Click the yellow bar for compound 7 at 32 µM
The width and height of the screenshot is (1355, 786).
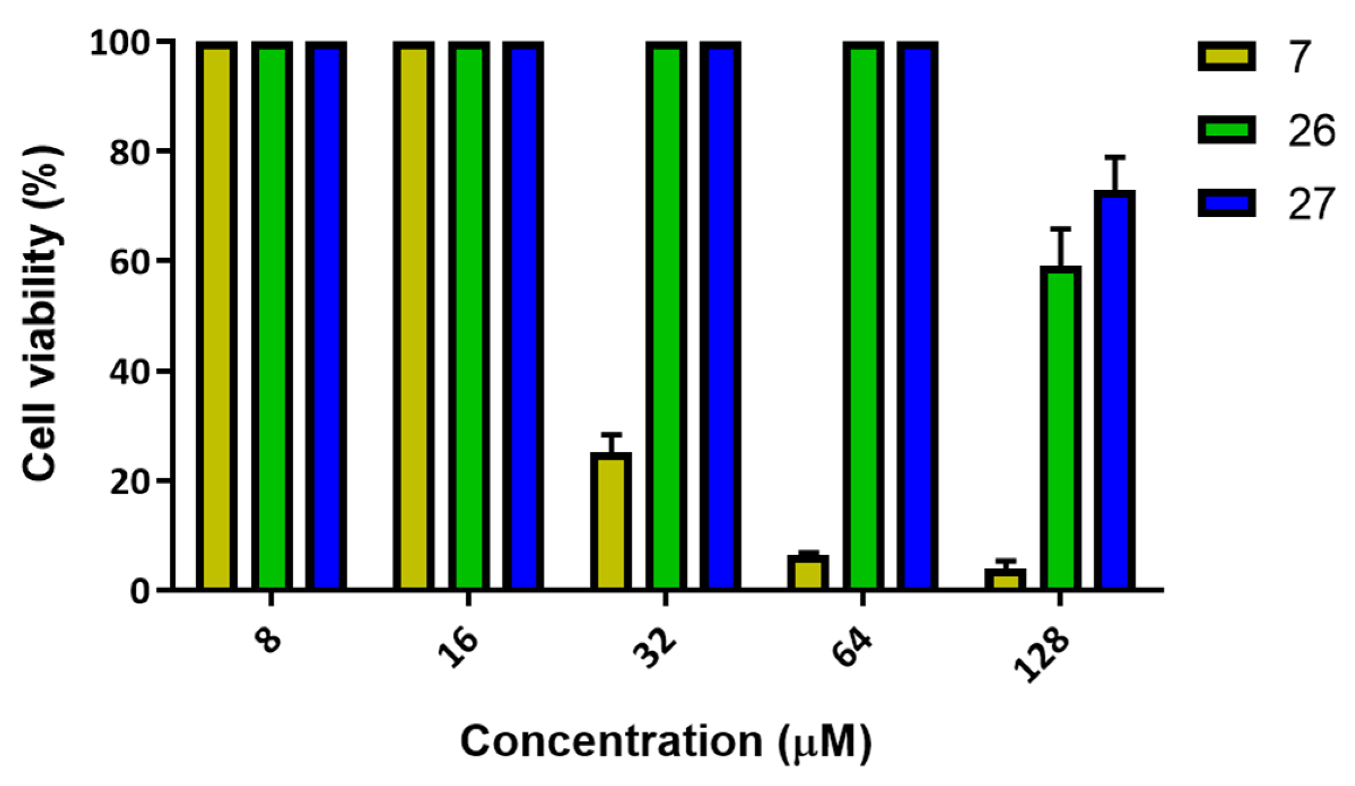pyautogui.click(x=610, y=522)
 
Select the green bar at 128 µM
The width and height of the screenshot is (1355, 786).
pyautogui.click(x=1060, y=428)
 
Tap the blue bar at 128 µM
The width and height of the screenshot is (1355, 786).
pyautogui.click(x=1115, y=391)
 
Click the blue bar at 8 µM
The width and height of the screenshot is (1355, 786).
pyautogui.click(x=326, y=316)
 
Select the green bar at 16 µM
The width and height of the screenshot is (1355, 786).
pyautogui.click(x=469, y=316)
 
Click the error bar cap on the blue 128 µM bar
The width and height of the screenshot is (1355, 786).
pyautogui.click(x=1115, y=157)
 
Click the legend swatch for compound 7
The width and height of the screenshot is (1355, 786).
pyautogui.click(x=1226, y=57)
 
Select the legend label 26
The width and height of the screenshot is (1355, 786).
pyautogui.click(x=1311, y=130)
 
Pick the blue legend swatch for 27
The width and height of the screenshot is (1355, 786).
pyautogui.click(x=1226, y=204)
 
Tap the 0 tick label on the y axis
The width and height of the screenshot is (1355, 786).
pyautogui.click(x=140, y=591)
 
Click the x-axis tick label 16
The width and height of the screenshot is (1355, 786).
pyautogui.click(x=458, y=648)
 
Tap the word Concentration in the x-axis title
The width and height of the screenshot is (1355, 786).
pyautogui.click(x=610, y=742)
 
